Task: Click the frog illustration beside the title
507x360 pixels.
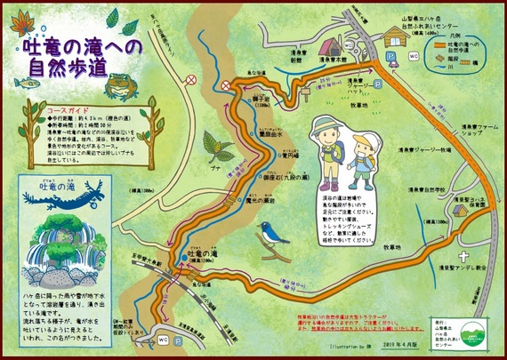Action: coord(117,84)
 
